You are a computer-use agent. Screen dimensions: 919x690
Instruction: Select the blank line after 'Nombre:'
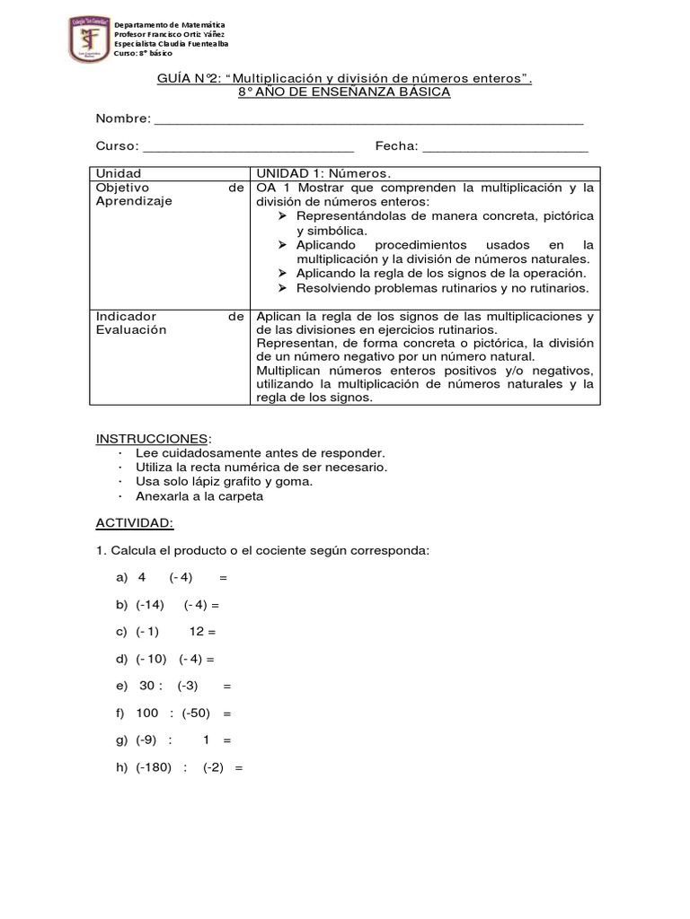(369, 121)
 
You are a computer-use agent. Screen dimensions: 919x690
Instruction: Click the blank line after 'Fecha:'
(505, 148)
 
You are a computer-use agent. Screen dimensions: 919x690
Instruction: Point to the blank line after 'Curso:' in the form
(248, 148)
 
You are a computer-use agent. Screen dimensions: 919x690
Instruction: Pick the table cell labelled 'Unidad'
(119, 173)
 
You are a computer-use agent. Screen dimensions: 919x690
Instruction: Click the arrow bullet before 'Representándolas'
(283, 216)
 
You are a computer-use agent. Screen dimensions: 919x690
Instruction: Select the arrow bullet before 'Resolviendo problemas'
(283, 288)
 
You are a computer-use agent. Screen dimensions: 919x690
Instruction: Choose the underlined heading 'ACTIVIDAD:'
(135, 522)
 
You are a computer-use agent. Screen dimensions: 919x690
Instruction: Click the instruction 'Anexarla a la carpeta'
(199, 495)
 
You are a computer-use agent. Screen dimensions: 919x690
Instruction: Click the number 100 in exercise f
(147, 713)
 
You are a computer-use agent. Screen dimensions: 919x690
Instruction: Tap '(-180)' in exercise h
(154, 768)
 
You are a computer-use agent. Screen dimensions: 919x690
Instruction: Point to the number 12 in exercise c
(198, 631)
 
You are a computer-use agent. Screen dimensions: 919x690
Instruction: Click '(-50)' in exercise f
(197, 713)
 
